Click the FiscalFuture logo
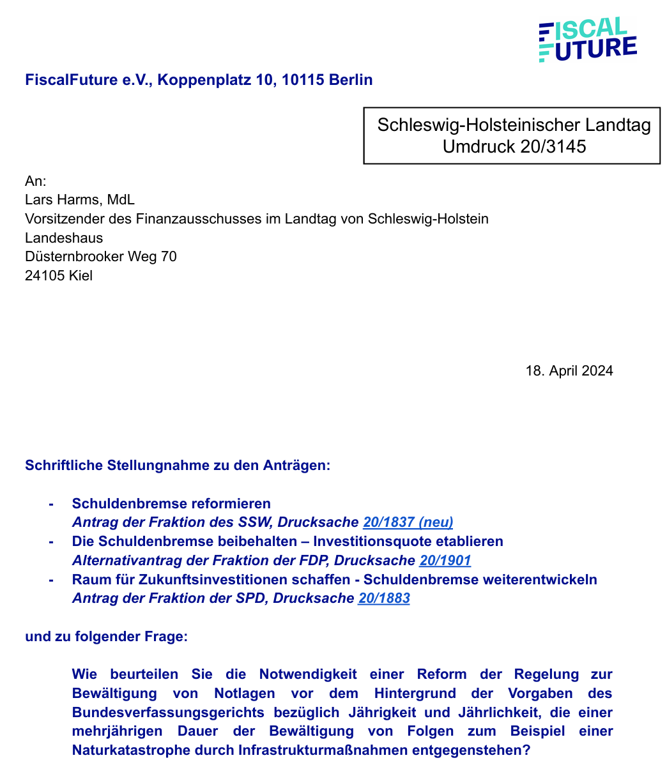coord(587,40)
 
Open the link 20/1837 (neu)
coord(408,522)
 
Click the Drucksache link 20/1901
coord(445,561)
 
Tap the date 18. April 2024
coord(569,371)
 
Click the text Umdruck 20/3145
coord(514,147)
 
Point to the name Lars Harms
coord(63,200)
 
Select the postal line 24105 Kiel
coord(59,276)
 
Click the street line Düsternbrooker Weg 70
coord(100,257)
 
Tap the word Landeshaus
coord(64,238)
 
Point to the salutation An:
coord(36,181)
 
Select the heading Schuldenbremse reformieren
coord(171,503)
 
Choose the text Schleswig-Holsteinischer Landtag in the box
coord(514,125)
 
